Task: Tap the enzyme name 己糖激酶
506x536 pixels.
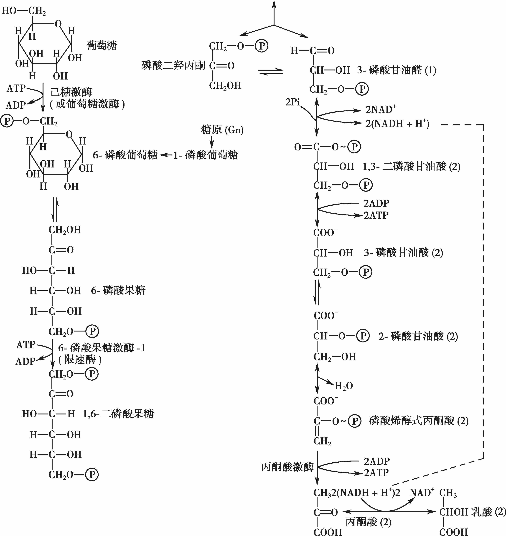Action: coord(71,92)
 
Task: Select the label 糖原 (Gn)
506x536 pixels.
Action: coord(222,130)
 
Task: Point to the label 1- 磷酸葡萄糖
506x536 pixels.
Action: coord(206,155)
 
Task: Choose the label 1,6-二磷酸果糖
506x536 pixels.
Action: coord(118,414)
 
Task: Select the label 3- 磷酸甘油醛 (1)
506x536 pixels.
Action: coord(396,70)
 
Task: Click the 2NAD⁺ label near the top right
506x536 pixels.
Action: coord(380,110)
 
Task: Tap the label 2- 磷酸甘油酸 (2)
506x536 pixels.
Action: coord(418,336)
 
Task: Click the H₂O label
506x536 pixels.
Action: coord(344,386)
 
